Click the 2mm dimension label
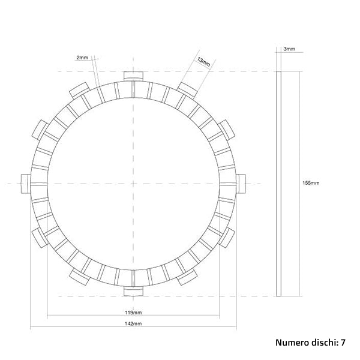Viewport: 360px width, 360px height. point(82,57)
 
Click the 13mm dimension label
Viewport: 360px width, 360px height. point(203,61)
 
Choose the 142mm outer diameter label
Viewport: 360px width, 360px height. point(134,324)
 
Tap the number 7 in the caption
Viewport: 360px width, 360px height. point(343,343)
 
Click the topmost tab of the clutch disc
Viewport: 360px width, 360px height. point(134,76)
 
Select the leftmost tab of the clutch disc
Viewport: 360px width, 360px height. point(25,183)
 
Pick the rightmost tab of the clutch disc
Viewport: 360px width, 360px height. point(242,183)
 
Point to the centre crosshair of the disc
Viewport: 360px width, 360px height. point(134,183)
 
